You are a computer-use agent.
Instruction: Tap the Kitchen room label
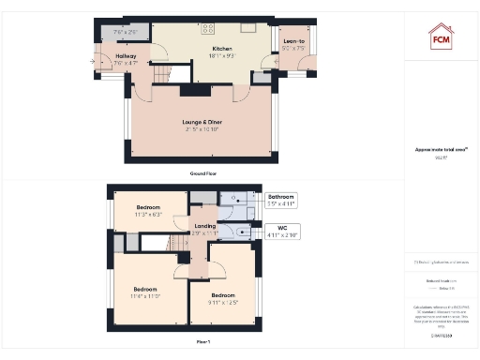[222, 48]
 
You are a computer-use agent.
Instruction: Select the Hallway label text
[126, 56]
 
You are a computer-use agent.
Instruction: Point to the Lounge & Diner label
[202, 122]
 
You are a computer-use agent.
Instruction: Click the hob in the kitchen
[208, 28]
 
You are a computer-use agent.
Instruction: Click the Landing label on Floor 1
[206, 226]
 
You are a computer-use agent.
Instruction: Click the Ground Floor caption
[202, 174]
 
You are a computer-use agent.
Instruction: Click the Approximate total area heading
[441, 149]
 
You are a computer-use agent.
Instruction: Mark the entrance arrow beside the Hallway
[95, 61]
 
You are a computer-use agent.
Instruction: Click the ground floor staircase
[160, 70]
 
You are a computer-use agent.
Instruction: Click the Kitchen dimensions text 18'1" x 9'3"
[222, 56]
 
